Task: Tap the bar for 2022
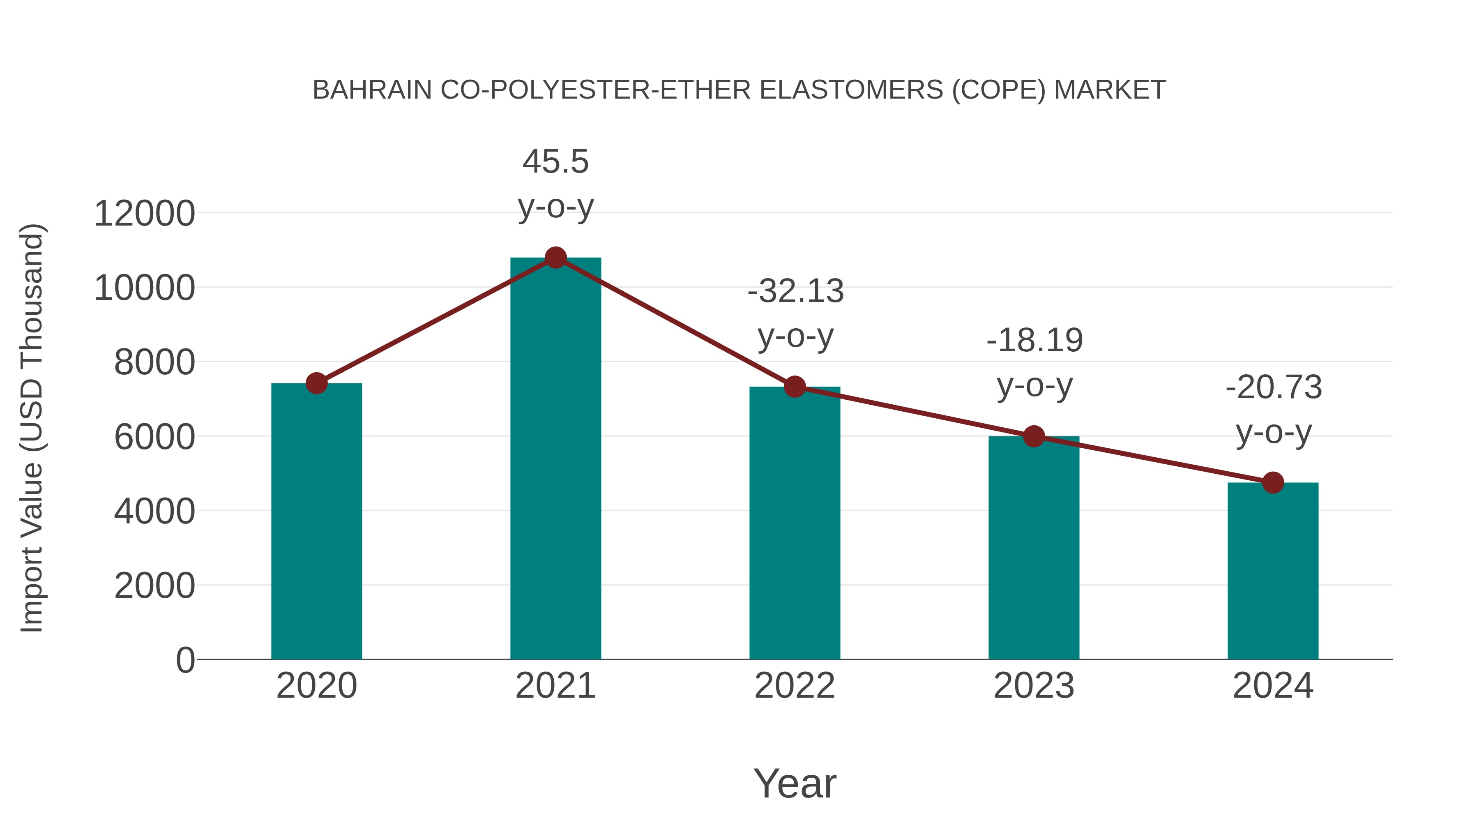pos(795,523)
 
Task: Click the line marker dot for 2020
pos(316,383)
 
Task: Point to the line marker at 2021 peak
pos(555,258)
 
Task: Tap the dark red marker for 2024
pos(1273,483)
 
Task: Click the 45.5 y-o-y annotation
pos(555,183)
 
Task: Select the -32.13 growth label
pos(795,313)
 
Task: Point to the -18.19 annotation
pos(1034,362)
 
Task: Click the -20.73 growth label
pos(1274,409)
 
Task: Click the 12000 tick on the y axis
pos(144,214)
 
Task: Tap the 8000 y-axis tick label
pos(154,363)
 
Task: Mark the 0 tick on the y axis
pos(185,660)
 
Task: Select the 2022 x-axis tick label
pos(795,686)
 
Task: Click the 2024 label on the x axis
pos(1273,686)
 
